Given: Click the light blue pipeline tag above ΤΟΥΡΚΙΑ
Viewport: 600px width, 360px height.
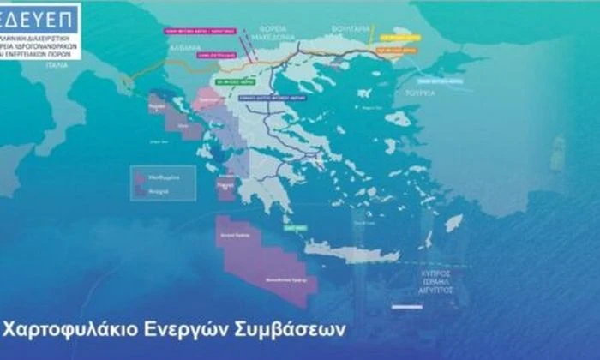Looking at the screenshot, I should tap(452, 81).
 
